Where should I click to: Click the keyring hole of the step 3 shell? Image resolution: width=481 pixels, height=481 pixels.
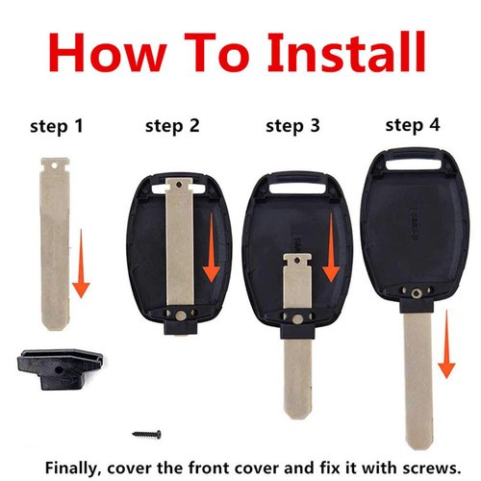coord(293,181)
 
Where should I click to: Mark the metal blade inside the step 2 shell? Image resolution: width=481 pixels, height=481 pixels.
coord(182,240)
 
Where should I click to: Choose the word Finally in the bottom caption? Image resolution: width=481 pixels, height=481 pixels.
coord(76,462)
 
